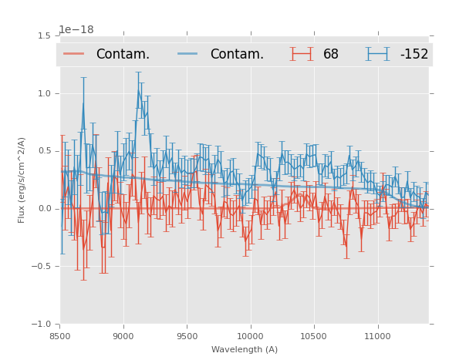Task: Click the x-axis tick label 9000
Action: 123,336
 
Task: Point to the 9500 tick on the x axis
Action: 187,336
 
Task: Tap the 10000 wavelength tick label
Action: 250,336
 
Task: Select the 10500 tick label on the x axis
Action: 314,336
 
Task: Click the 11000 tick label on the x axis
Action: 377,336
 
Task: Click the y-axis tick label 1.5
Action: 44,35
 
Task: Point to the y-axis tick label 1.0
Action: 44,93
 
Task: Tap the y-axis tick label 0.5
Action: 44,151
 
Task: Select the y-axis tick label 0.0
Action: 44,209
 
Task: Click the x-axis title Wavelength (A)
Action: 245,349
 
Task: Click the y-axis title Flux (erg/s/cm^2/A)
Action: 22,180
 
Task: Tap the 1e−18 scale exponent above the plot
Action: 76,30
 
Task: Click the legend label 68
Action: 331,54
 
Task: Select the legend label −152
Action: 414,54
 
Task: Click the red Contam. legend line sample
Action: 74,54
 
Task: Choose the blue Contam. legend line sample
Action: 188,54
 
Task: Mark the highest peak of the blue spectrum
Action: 138,90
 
